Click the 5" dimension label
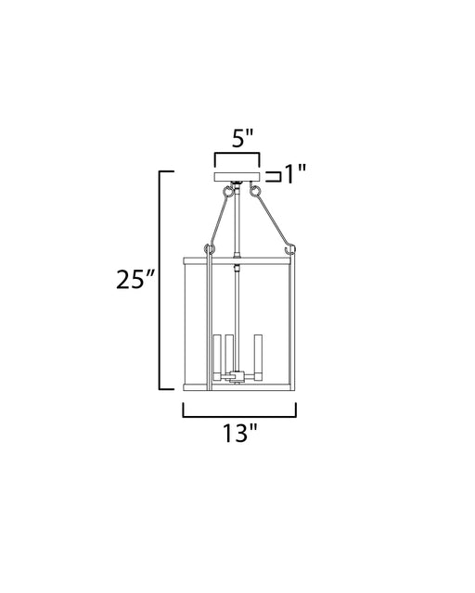pos(242,139)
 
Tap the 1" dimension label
pos(295,174)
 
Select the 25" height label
pos(135,280)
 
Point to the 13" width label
pos(239,433)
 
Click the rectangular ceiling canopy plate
pos(237,177)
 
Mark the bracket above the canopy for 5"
pos(237,154)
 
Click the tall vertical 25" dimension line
pos(160,280)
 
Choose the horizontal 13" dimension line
pos(239,417)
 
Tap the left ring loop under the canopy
pos(227,192)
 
